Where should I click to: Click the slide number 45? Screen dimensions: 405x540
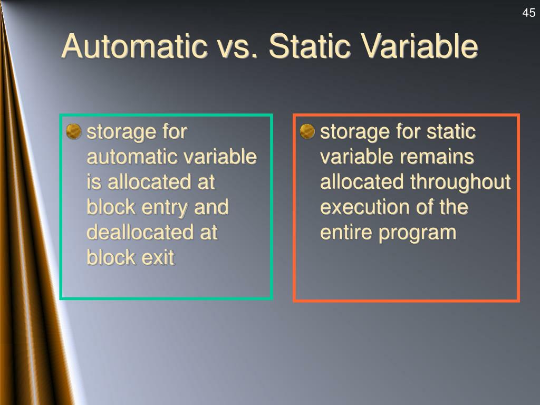[x=528, y=13]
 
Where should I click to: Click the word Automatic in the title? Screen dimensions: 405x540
[x=134, y=46]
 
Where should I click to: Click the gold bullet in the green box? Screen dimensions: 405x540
[x=74, y=130]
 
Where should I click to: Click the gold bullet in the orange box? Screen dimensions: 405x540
[x=307, y=130]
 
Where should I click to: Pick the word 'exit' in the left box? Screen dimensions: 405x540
[x=157, y=257]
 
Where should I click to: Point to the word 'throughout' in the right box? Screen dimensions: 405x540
[x=461, y=182]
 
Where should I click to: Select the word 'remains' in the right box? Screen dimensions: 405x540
[x=443, y=157]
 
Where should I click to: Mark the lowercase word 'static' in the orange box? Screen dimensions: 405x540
[x=452, y=131]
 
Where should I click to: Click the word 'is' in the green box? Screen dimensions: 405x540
[x=93, y=182]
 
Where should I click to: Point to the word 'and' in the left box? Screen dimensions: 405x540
[x=211, y=207]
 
